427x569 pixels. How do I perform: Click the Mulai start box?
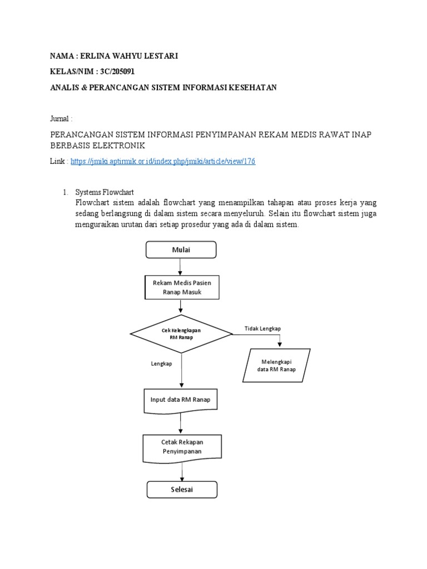[181, 249]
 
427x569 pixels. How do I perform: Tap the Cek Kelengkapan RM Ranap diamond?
[181, 333]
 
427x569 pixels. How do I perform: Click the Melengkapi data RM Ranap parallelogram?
[276, 365]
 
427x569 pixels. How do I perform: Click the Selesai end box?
[182, 490]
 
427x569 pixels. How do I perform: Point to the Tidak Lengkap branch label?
[262, 329]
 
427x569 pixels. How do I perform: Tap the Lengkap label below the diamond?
[161, 363]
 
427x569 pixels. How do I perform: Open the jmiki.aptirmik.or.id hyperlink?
[163, 161]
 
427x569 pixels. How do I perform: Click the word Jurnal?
[60, 119]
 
